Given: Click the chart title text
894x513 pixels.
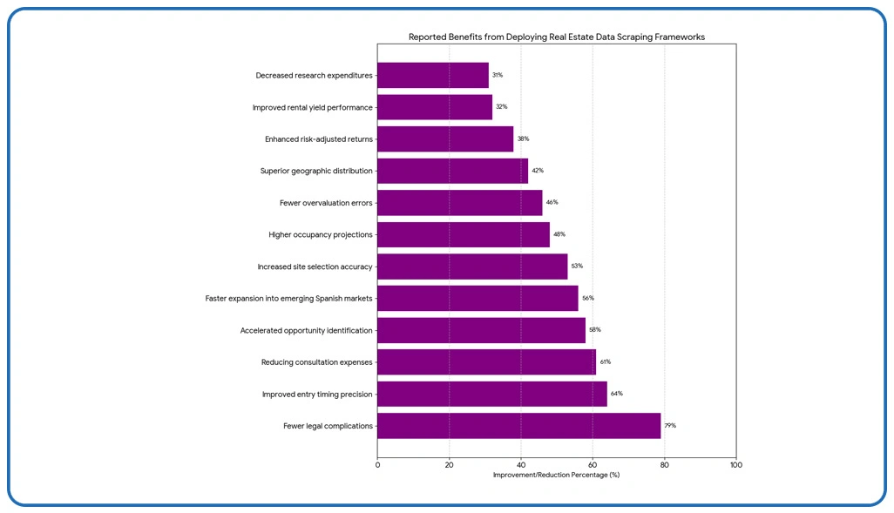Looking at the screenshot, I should (557, 37).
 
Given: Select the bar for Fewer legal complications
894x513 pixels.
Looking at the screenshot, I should (518, 426).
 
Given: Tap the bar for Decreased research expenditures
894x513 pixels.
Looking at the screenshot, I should (433, 76).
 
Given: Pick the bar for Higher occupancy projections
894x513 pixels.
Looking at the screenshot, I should (464, 235).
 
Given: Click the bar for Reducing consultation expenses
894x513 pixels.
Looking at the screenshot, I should (486, 362).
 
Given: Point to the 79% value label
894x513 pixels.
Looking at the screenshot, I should (671, 426).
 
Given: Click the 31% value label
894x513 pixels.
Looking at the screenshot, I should (498, 76).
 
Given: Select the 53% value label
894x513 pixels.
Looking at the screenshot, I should (577, 267).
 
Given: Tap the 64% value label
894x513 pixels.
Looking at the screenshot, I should (617, 394).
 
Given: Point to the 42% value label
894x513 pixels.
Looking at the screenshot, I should (538, 171).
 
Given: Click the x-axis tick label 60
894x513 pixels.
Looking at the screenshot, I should (593, 465).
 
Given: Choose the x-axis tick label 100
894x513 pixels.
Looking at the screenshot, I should (735, 465).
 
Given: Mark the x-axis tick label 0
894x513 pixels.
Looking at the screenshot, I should (378, 465).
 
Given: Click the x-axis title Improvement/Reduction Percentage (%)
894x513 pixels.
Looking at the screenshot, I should (556, 475).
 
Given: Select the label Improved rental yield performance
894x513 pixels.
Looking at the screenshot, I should (313, 108).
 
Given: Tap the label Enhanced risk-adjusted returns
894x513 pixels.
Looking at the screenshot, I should (319, 139).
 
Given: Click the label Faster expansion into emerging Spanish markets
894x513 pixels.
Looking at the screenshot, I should (289, 299).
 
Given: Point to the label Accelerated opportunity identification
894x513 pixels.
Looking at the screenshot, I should (307, 331).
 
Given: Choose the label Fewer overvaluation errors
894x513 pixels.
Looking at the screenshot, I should (326, 203).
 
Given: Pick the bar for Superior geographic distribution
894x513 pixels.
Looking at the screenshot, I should (453, 171).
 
